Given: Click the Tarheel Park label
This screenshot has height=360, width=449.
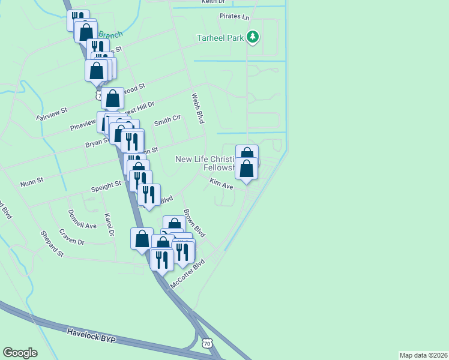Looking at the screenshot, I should pos(220,38).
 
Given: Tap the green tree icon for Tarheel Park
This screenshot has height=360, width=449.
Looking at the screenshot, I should pos(253,38).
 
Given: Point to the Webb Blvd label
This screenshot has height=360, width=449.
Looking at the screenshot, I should pos(198,109).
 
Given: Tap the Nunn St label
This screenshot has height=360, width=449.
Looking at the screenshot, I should pos(32,180).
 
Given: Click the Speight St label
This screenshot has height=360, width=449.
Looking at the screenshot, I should pos(106,187).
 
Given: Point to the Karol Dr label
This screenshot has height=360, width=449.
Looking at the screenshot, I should pos(109,224).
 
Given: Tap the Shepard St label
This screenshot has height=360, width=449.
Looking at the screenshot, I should pos(52,244).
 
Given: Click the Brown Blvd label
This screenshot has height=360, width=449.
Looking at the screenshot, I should pos(194,223).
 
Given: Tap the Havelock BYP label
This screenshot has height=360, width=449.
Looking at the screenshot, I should pos(91,335).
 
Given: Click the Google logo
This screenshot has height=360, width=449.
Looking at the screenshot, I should pos(20,353).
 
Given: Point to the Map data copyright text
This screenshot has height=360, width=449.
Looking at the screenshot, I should pos(424,355).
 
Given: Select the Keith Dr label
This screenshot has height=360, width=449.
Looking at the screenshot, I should pos(212,2).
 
